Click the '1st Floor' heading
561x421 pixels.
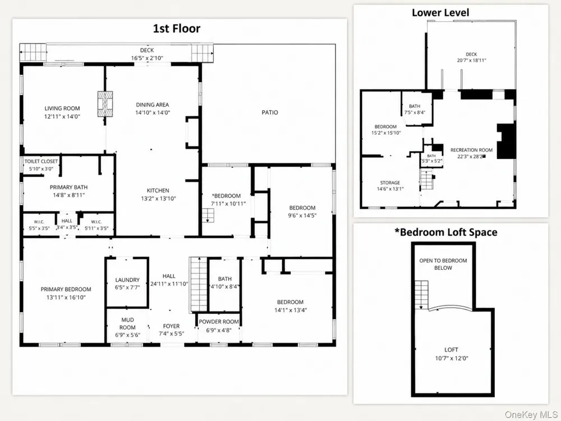pyautogui.click(x=176, y=29)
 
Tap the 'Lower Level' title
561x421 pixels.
pyautogui.click(x=440, y=12)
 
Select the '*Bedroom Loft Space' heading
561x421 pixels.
pyautogui.click(x=446, y=232)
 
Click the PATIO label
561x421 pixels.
pyautogui.click(x=270, y=112)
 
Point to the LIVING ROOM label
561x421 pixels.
pyautogui.click(x=62, y=108)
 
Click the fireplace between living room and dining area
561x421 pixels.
pyautogui.click(x=105, y=103)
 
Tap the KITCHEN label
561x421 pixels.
pyautogui.click(x=158, y=190)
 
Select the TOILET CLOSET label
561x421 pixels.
pyautogui.click(x=41, y=162)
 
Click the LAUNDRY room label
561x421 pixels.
pyautogui.click(x=127, y=280)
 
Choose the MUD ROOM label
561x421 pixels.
pyautogui.click(x=127, y=323)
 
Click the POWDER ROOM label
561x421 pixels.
pyautogui.click(x=219, y=322)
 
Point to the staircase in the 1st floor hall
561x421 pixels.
pyautogui.click(x=198, y=285)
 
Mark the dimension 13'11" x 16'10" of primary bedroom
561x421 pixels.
pyautogui.click(x=66, y=297)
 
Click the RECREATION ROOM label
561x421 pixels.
pyautogui.click(x=472, y=150)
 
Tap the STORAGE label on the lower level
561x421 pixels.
pyautogui.click(x=390, y=182)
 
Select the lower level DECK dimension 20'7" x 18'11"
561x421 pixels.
pyautogui.click(x=472, y=60)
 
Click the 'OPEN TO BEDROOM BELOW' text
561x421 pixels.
pyautogui.click(x=443, y=264)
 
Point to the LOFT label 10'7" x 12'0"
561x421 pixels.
pyautogui.click(x=452, y=354)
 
